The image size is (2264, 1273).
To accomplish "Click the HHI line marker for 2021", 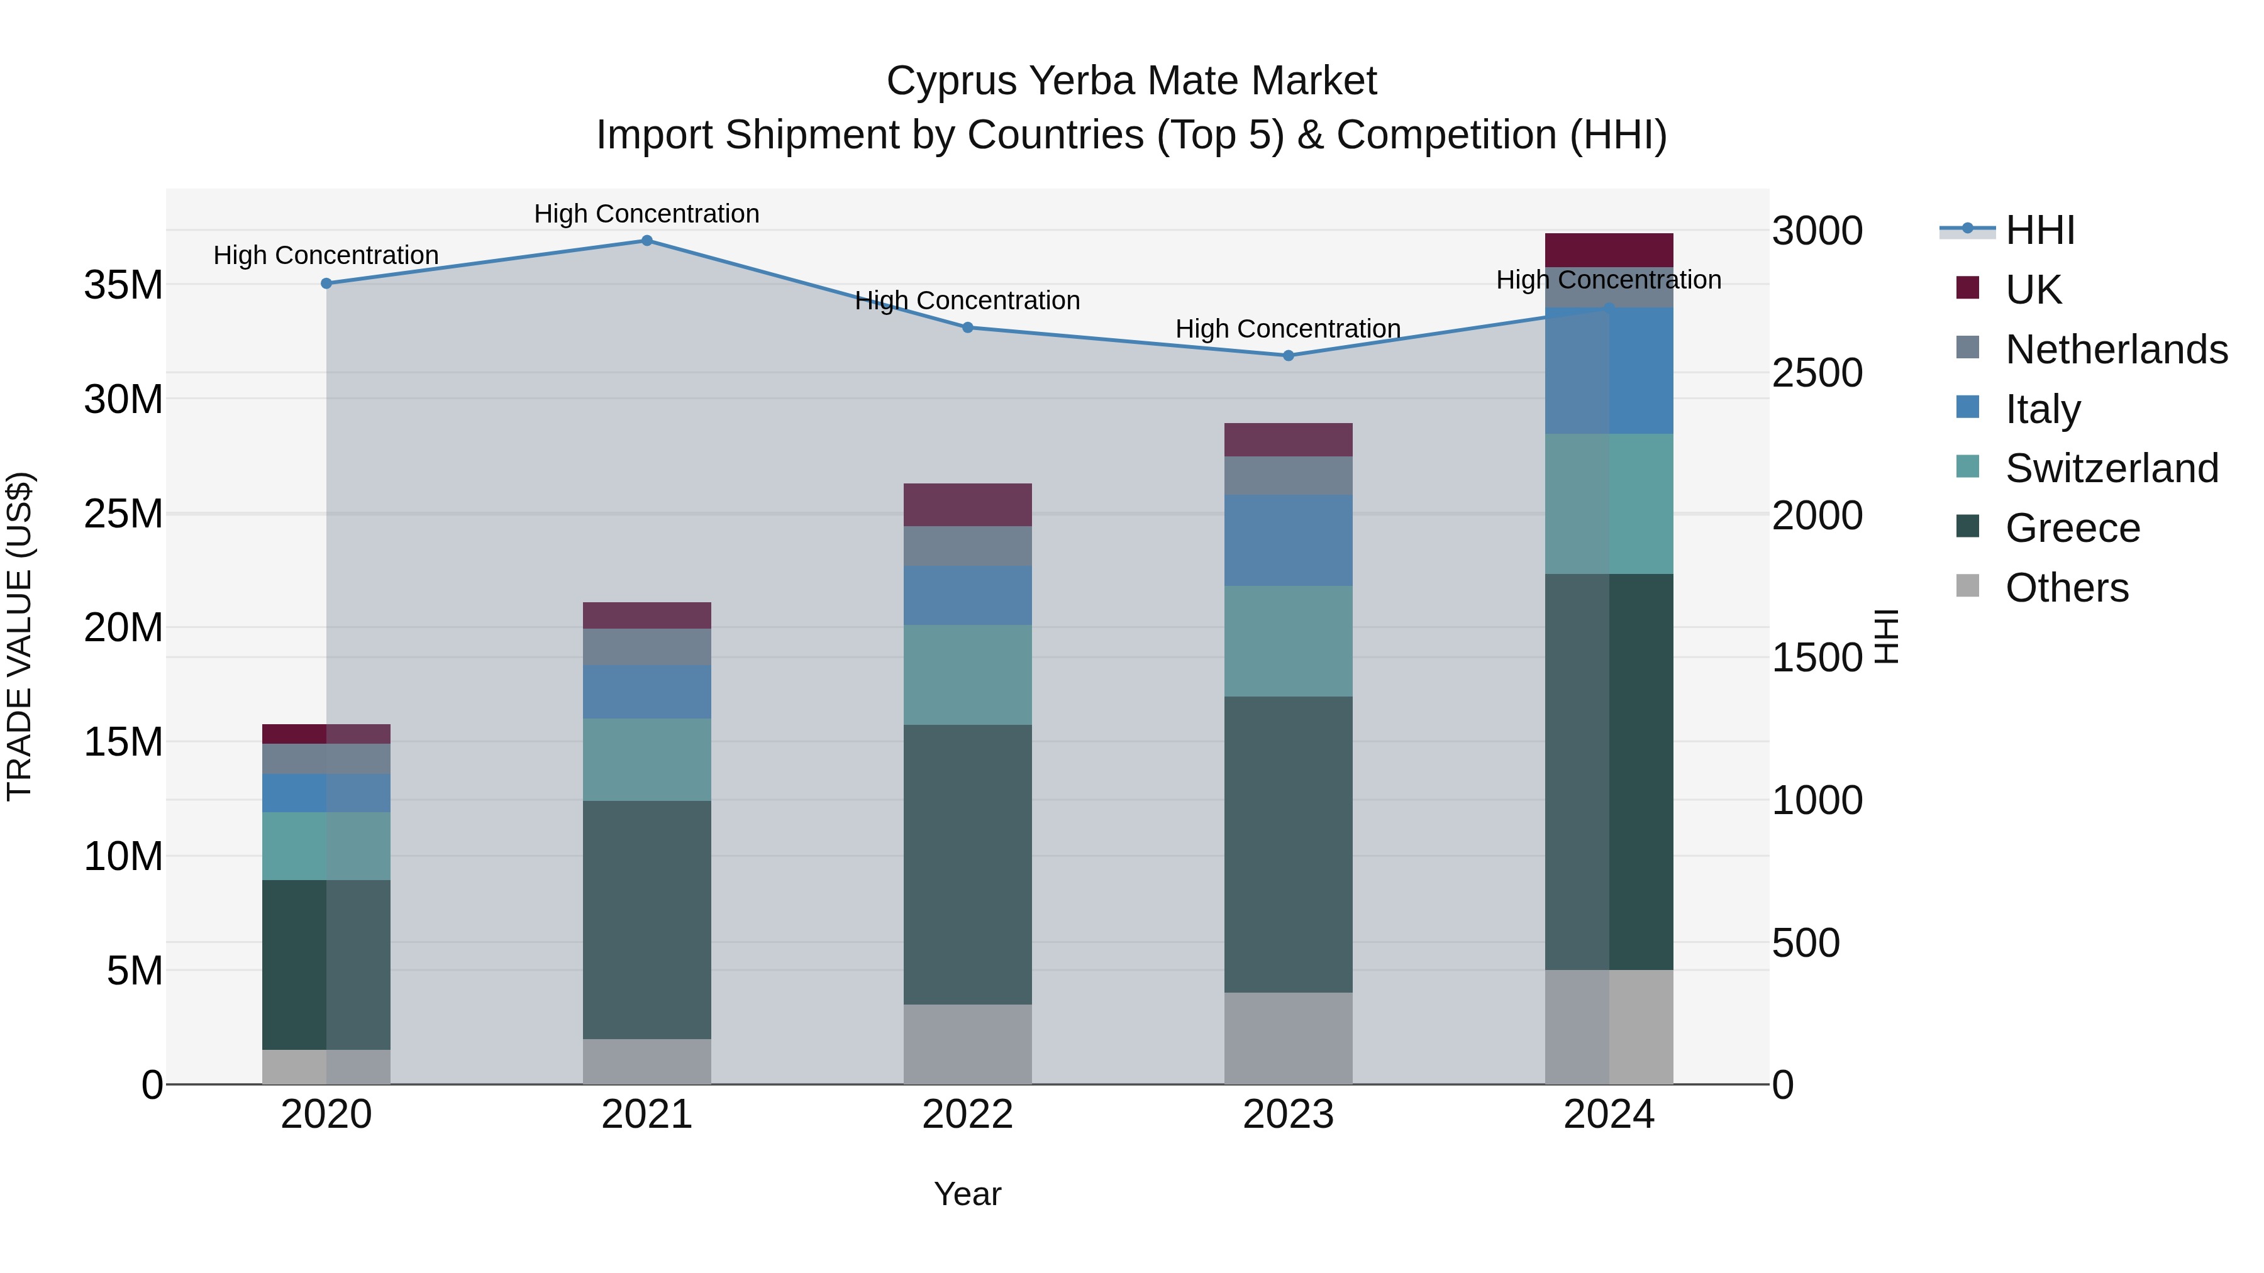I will tap(647, 241).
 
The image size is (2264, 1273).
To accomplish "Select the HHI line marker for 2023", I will tap(1289, 356).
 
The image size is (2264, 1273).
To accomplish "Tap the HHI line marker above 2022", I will tap(968, 328).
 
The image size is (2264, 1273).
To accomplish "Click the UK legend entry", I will tap(2033, 289).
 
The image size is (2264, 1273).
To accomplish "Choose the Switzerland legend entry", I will tap(2111, 468).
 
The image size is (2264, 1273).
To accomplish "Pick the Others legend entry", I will tap(2067, 588).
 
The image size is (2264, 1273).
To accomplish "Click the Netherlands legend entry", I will tap(2116, 349).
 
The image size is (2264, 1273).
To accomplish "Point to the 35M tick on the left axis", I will tap(123, 285).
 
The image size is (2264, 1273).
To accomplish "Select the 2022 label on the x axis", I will tap(968, 1115).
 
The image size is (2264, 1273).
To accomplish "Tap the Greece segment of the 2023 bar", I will tap(1289, 844).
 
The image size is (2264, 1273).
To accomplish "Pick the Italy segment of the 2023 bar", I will tap(1289, 540).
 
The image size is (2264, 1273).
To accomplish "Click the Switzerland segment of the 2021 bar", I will tap(647, 760).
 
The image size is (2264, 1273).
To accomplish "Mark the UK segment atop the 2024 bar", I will tap(1609, 250).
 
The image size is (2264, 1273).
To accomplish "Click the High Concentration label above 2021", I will tap(647, 214).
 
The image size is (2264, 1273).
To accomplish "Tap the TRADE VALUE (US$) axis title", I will tap(19, 636).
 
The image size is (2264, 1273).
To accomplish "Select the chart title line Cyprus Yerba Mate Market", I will tap(1131, 81).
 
